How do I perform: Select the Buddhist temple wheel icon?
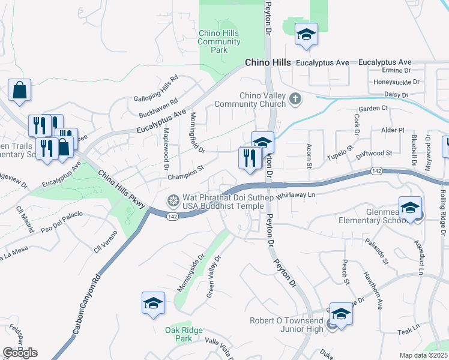click(173, 200)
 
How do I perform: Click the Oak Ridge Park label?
click(184, 334)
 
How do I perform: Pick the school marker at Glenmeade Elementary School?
click(410, 208)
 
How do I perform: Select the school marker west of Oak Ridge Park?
click(153, 303)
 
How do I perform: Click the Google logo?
click(20, 353)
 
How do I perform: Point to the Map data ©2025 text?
click(423, 355)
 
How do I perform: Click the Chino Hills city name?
click(268, 62)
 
